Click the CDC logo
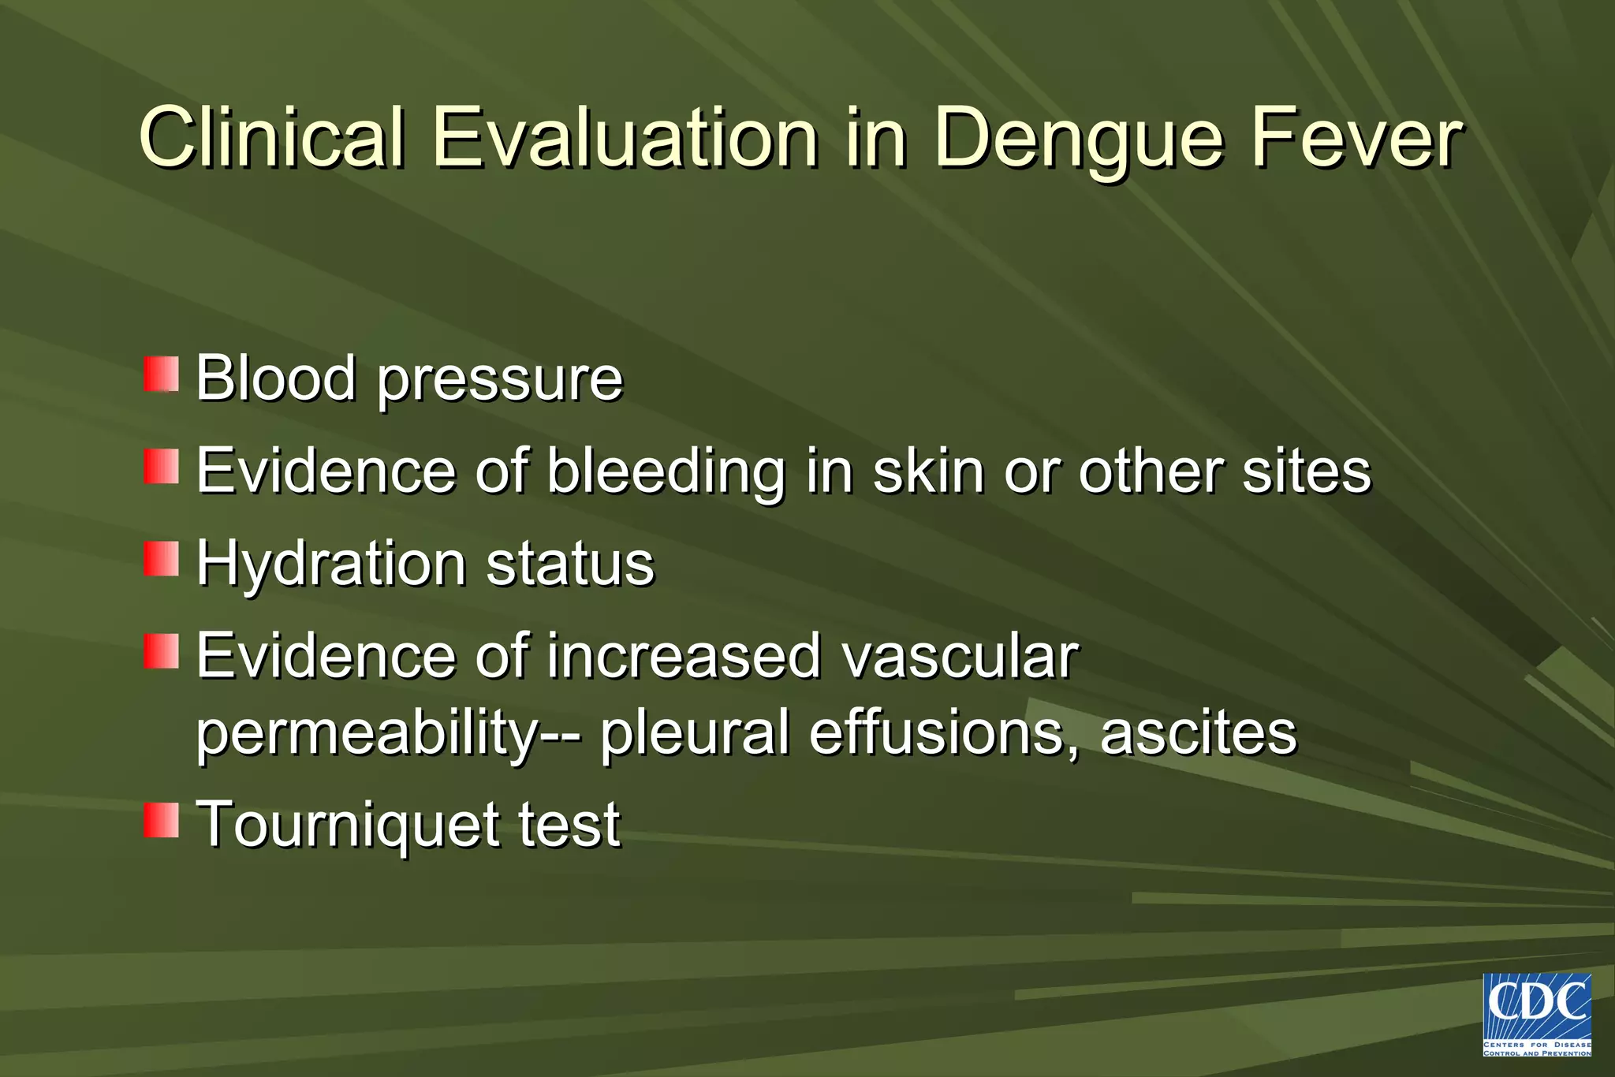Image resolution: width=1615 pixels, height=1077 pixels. (x=1537, y=1015)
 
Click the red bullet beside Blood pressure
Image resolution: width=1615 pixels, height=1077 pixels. (x=161, y=374)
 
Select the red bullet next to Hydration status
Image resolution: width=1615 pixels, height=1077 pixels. (x=161, y=559)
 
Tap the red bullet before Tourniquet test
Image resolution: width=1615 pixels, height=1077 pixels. (x=161, y=821)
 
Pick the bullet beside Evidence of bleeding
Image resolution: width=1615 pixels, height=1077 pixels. (x=161, y=467)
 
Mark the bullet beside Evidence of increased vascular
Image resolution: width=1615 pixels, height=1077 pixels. (x=161, y=651)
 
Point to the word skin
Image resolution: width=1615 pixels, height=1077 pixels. (x=929, y=471)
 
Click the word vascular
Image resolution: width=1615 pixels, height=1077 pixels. (x=959, y=657)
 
